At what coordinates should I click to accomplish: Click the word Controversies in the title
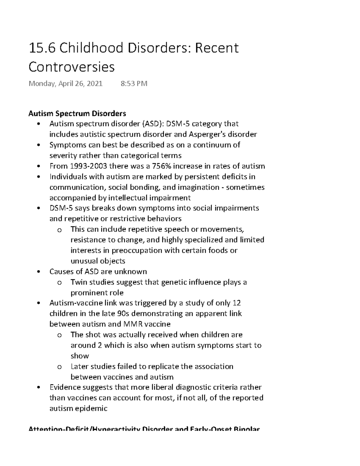pyautogui.click(x=71, y=67)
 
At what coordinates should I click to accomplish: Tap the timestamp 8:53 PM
pyautogui.click(x=134, y=84)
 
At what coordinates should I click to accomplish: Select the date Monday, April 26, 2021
pyautogui.click(x=65, y=84)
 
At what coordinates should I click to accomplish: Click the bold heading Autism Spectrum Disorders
pyautogui.click(x=77, y=113)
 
